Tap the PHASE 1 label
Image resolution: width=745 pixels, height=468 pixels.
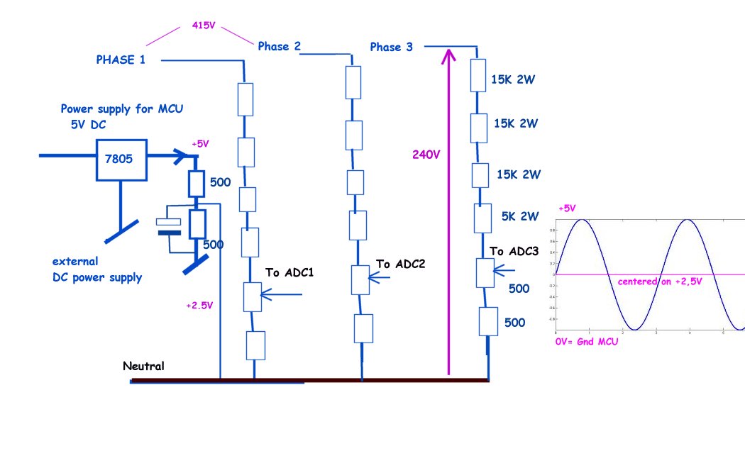coord(121,60)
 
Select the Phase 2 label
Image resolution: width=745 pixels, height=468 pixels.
coord(279,47)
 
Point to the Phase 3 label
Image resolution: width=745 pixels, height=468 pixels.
coord(391,48)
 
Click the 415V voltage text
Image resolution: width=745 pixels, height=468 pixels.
coord(204,24)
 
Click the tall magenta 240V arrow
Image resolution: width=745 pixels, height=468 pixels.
coord(448,213)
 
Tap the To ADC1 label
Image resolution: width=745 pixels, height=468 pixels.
coord(290,272)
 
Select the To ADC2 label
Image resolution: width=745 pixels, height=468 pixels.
coord(400,264)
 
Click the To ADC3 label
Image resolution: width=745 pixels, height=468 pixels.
coord(513,251)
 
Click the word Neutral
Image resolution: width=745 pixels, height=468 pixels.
coord(143,367)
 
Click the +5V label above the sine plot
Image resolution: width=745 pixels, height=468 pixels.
coord(568,209)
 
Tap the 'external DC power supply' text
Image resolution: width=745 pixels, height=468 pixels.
coord(96,269)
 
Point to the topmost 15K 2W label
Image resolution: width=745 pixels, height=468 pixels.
coord(512,80)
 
